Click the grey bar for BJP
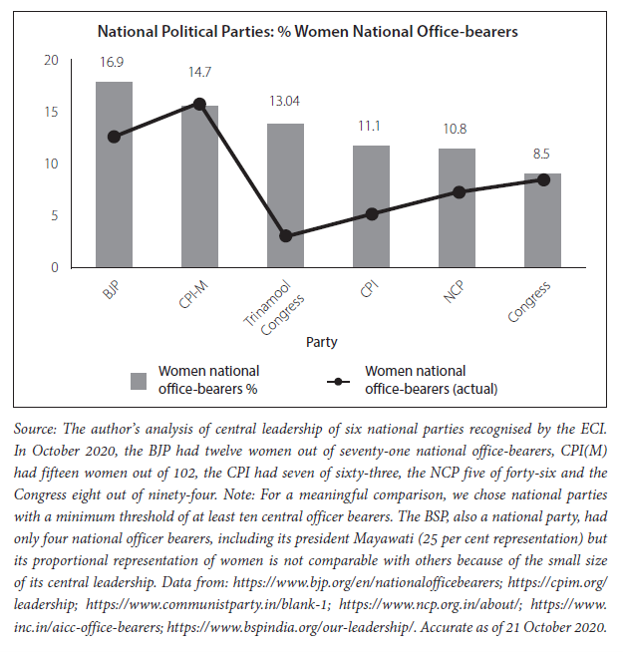click(x=114, y=174)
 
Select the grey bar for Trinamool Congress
click(x=285, y=195)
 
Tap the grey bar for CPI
click(x=371, y=206)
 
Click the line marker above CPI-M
click(x=200, y=104)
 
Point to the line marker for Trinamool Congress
click(x=286, y=236)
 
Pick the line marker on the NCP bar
click(x=459, y=192)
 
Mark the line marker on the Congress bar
click(x=543, y=180)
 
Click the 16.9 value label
click(x=112, y=63)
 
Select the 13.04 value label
click(x=284, y=101)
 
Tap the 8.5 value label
click(x=541, y=155)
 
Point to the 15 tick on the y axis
click(x=51, y=113)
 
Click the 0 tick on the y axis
click(x=55, y=267)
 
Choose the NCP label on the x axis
click(x=454, y=291)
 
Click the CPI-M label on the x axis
click(x=193, y=294)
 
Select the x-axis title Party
click(x=322, y=342)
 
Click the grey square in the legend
click(x=139, y=381)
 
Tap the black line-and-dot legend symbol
click(x=338, y=381)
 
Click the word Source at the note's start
click(x=35, y=429)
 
